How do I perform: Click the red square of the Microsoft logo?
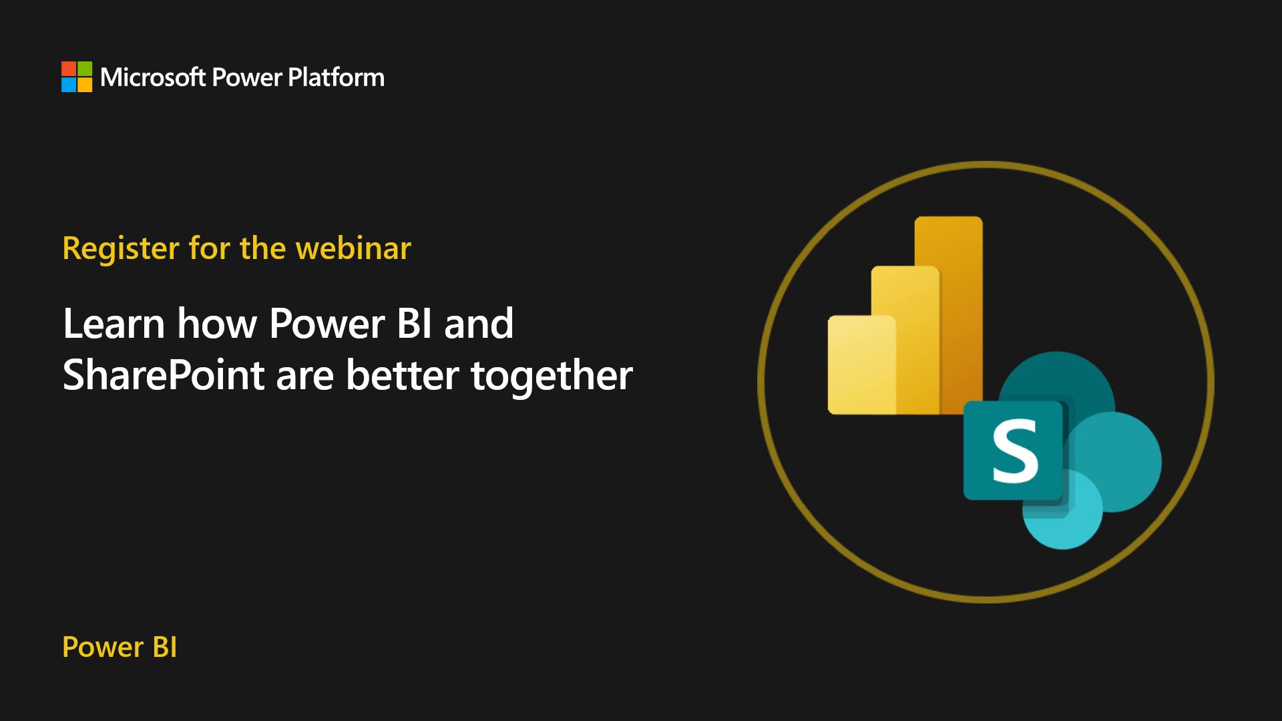tap(69, 69)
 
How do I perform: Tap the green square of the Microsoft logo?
tap(85, 69)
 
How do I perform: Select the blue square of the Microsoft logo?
tap(69, 85)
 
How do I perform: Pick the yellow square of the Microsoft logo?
tap(85, 85)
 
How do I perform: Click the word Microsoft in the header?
tap(153, 77)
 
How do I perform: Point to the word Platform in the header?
tap(336, 77)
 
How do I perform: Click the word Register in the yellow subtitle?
tap(121, 249)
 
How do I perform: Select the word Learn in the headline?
tap(114, 324)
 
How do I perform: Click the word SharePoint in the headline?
tap(164, 375)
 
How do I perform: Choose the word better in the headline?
tap(402, 375)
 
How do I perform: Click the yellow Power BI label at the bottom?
tap(120, 647)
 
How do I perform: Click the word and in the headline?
tap(479, 324)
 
